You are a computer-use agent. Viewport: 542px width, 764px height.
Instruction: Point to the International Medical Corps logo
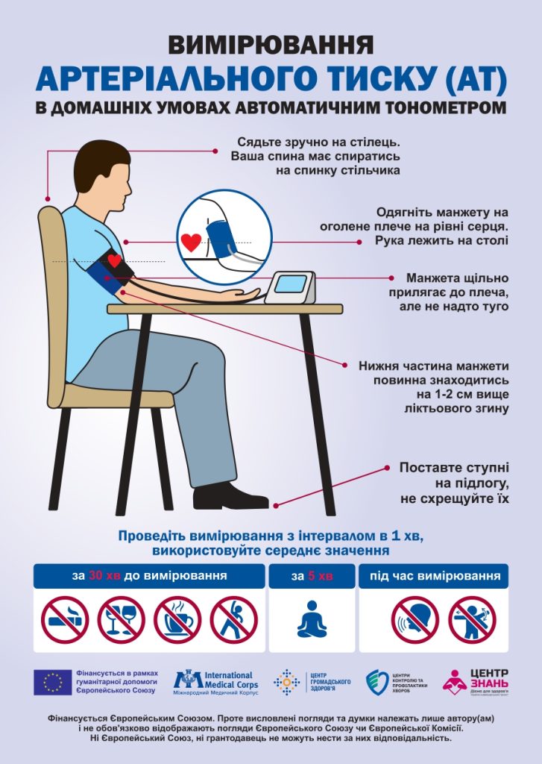point(213,680)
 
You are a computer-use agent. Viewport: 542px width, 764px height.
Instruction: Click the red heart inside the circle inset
point(192,241)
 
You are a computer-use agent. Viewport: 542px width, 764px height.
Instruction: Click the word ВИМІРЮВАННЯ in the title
point(271,45)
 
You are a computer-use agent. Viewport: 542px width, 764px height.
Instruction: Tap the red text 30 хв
point(106,576)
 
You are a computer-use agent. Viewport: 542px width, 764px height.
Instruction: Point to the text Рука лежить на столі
point(443,240)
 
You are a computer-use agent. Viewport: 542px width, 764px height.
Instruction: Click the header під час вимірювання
point(435,576)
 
